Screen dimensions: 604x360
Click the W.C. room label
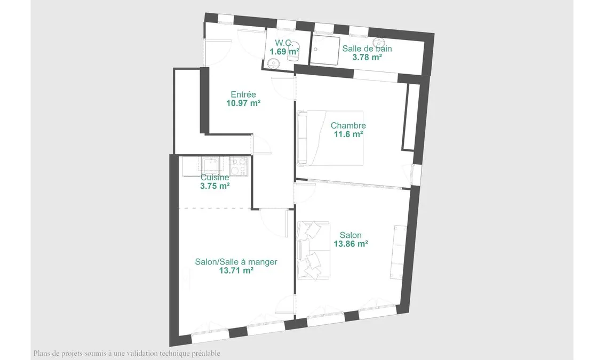pyautogui.click(x=284, y=43)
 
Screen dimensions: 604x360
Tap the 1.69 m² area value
pyautogui.click(x=284, y=52)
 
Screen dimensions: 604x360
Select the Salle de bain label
pyautogui.click(x=367, y=49)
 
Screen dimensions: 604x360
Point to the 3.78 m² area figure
pyautogui.click(x=367, y=58)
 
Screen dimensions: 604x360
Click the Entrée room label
pyautogui.click(x=243, y=94)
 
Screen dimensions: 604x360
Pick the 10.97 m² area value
pyautogui.click(x=243, y=103)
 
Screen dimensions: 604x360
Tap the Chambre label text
pyautogui.click(x=348, y=125)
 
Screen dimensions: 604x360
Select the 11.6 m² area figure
pyautogui.click(x=348, y=134)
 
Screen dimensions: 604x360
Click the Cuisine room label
pyautogui.click(x=215, y=178)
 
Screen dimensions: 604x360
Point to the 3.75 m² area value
pyautogui.click(x=215, y=186)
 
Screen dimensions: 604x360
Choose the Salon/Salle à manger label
pyautogui.click(x=236, y=262)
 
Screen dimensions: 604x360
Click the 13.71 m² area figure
pyautogui.click(x=236, y=271)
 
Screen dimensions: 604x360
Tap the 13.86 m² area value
pyautogui.click(x=351, y=244)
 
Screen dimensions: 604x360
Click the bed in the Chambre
pyautogui.click(x=330, y=138)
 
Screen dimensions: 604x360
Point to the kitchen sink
pyautogui.click(x=210, y=164)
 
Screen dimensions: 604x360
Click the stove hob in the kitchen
pyautogui.click(x=239, y=166)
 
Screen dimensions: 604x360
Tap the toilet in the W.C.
pyautogui.click(x=293, y=55)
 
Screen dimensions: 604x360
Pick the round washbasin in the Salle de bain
pyautogui.click(x=379, y=42)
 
